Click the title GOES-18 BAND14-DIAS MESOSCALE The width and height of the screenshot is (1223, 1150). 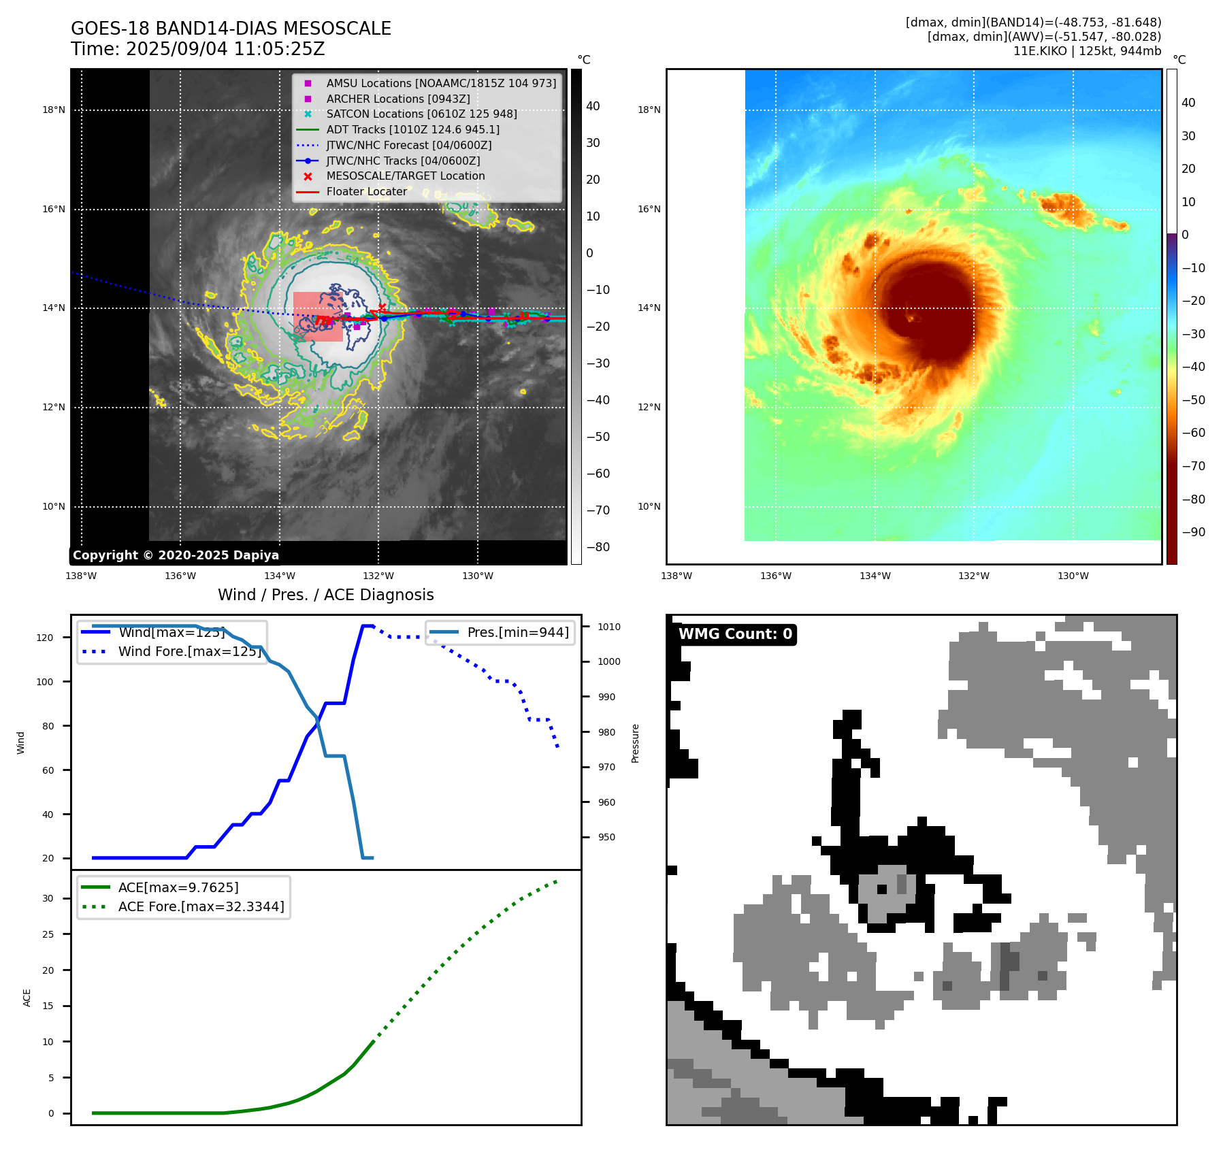coord(231,29)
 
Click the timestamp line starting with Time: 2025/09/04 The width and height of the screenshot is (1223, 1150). coord(197,50)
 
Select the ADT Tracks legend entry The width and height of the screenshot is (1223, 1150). coord(412,129)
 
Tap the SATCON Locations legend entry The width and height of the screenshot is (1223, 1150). coord(421,114)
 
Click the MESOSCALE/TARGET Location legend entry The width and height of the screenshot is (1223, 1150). coord(406,176)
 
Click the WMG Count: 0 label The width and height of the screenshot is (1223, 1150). coord(735,634)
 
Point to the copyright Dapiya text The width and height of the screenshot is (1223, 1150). coord(176,555)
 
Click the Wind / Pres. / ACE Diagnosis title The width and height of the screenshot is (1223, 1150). coord(325,595)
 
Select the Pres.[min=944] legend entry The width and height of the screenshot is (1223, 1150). coord(518,632)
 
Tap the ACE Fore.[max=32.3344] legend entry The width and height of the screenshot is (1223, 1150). coord(201,906)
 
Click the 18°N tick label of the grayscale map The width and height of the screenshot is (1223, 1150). coord(54,110)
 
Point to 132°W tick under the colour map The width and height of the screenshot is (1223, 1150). coord(973,576)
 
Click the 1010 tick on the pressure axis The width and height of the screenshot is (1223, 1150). coord(609,627)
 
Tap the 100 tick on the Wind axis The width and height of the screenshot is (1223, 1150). coord(45,682)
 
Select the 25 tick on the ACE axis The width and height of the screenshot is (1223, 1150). coord(48,934)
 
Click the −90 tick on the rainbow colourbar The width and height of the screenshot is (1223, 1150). coord(1193,532)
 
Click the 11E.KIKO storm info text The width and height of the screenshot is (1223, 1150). coord(1087,51)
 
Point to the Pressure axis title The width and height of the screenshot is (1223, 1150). coord(635,743)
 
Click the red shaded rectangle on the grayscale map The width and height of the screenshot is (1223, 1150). coord(318,316)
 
